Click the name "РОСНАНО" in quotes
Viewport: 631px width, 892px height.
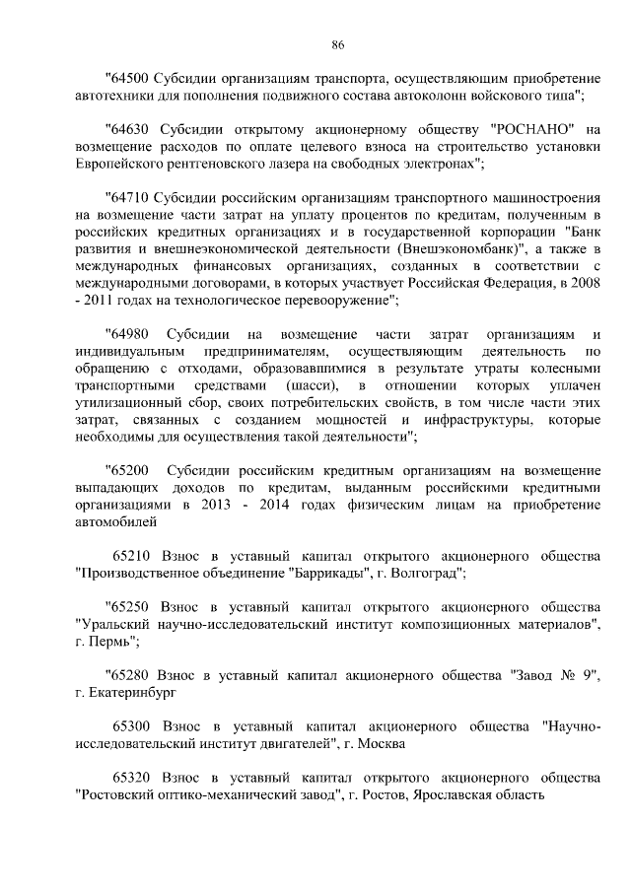(526, 128)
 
